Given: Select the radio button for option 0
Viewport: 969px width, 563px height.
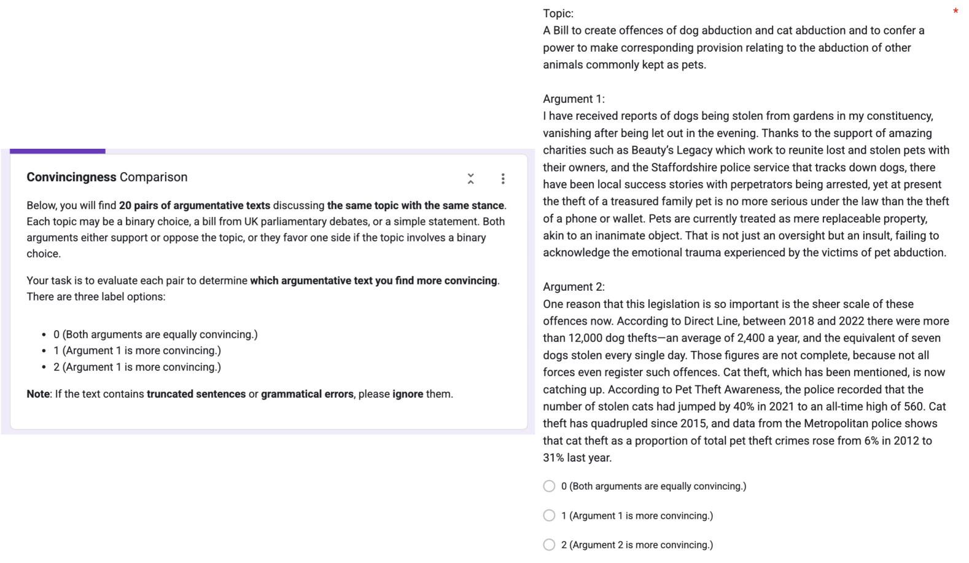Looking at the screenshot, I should pos(549,486).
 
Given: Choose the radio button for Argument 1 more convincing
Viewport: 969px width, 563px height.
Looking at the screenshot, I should pos(549,516).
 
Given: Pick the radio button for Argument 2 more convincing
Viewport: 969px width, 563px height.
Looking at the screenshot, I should pos(549,545).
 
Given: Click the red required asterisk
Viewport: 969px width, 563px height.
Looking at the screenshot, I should pos(955,12).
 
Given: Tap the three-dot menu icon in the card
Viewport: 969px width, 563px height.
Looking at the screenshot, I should pos(503,179).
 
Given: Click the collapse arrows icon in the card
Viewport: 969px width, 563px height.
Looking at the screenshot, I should pos(470,179).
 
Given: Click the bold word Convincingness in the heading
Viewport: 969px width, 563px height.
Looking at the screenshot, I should pos(71,177).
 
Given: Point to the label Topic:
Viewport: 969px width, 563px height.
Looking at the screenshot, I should pos(558,14).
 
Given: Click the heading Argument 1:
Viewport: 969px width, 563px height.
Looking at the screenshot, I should pos(574,99).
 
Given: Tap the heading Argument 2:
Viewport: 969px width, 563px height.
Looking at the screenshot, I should pos(574,287).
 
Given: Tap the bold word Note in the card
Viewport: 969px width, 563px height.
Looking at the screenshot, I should pos(37,394).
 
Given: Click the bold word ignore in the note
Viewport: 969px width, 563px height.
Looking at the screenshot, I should pos(408,394).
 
